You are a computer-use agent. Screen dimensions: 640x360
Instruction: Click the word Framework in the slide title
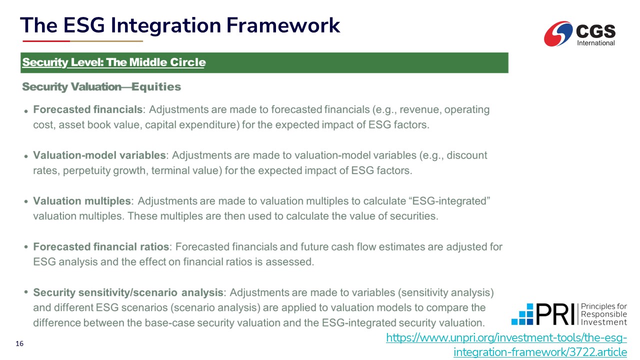(x=283, y=25)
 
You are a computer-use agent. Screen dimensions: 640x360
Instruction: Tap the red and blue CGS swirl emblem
(x=558, y=33)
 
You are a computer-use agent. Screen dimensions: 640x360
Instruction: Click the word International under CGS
(x=595, y=43)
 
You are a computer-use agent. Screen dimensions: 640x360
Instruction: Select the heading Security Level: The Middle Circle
(x=114, y=62)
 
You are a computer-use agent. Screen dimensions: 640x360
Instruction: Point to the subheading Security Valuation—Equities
(x=101, y=86)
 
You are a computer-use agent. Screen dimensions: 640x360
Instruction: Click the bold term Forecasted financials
(x=87, y=109)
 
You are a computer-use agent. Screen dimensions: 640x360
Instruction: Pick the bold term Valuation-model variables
(x=99, y=155)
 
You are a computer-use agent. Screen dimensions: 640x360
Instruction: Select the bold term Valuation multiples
(x=82, y=201)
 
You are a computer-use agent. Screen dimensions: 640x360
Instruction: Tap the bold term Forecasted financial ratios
(x=101, y=246)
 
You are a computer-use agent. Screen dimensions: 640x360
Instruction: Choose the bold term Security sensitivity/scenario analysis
(x=128, y=292)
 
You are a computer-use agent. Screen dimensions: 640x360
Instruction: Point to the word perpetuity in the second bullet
(x=86, y=170)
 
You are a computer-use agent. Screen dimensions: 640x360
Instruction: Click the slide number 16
(x=19, y=343)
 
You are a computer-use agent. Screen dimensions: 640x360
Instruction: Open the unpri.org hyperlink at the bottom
(x=506, y=345)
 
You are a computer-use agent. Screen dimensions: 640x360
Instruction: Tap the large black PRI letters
(x=555, y=314)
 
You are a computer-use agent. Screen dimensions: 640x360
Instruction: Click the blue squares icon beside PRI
(x=522, y=314)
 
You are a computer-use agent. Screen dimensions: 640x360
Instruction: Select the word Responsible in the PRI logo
(x=604, y=314)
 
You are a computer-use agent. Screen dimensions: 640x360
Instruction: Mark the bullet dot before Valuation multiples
(x=26, y=201)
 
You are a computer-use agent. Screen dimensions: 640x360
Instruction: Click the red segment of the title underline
(x=46, y=41)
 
